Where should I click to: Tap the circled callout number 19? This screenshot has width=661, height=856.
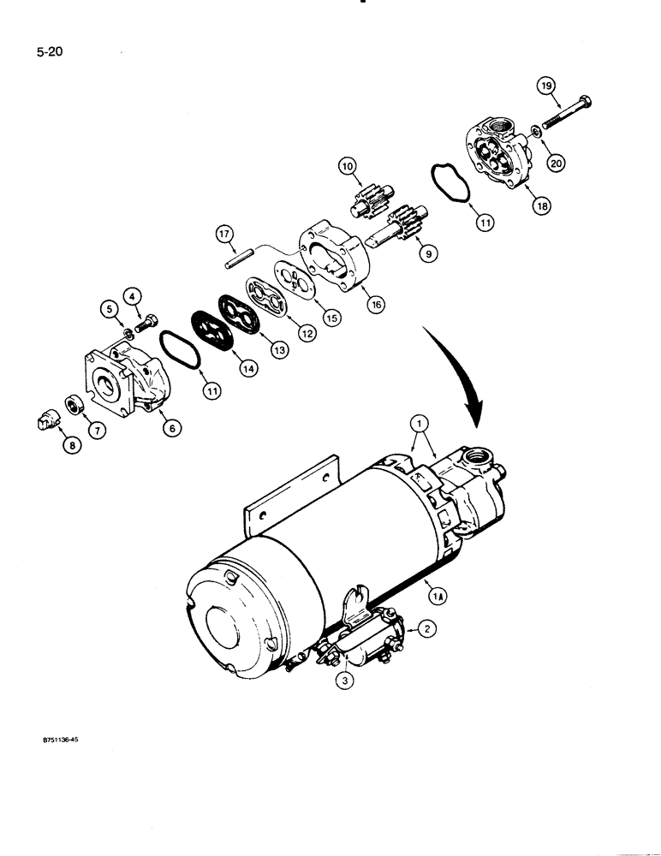tap(545, 85)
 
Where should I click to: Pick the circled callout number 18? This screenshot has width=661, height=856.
tap(540, 205)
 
